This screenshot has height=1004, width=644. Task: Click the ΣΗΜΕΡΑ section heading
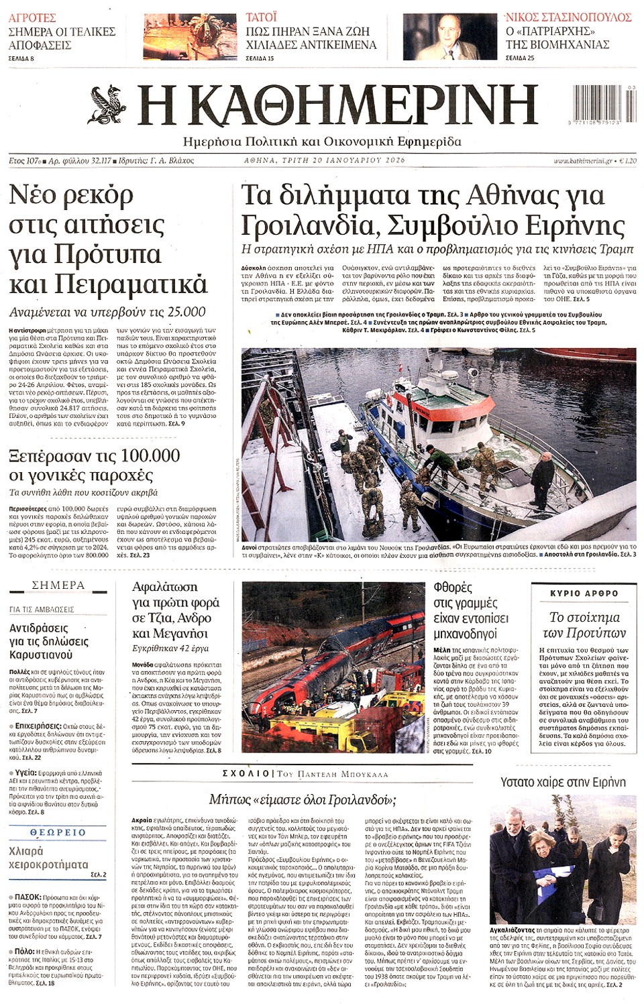click(58, 585)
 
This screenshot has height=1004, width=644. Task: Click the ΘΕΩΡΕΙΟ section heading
click(58, 832)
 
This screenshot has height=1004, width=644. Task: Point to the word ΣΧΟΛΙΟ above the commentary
click(246, 774)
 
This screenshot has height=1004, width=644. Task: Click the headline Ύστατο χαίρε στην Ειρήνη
click(563, 782)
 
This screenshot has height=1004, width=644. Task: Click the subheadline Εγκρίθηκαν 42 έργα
click(170, 649)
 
